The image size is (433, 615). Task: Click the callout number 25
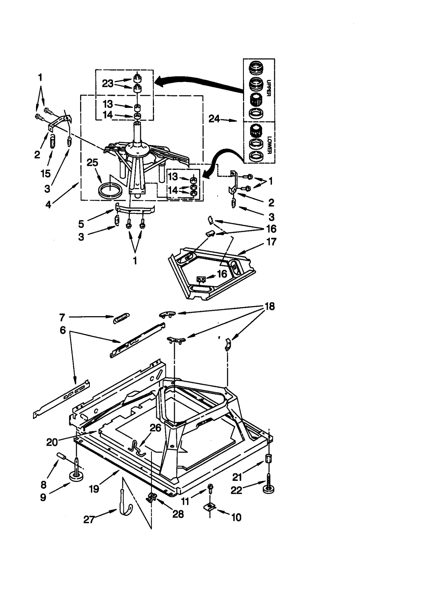coord(92,163)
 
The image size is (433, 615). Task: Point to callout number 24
coord(214,119)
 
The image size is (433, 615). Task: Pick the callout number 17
coord(271,241)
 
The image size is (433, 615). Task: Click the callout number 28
coord(178,514)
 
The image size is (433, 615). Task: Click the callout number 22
coord(236,490)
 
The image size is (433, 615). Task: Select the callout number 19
coord(94,489)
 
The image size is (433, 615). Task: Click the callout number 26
coord(155,428)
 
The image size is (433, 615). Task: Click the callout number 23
coord(107,83)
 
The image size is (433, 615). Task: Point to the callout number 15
coord(46,174)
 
